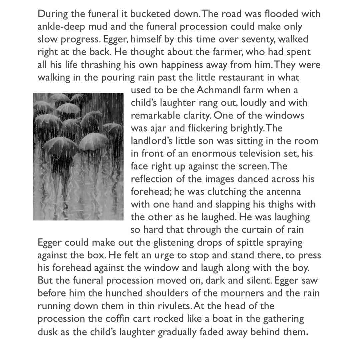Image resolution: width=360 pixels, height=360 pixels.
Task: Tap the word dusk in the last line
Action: pos(48,331)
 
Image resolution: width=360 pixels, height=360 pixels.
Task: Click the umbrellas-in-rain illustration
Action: pos(78,156)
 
